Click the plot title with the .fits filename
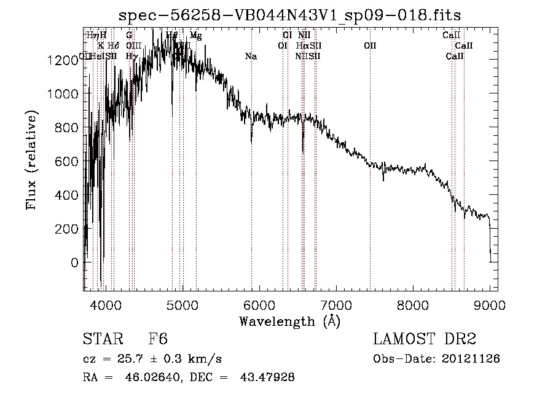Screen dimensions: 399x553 [x=290, y=14]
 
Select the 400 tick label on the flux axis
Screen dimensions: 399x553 [x=66, y=196]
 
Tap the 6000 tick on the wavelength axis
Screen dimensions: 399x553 [x=259, y=304]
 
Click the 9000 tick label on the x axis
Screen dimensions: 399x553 [x=489, y=304]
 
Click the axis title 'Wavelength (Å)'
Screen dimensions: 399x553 [x=289, y=321]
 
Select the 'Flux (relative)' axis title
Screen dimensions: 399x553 [x=31, y=160]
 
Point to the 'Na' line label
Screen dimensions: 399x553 [x=251, y=57]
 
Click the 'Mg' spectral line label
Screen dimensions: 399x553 [x=195, y=36]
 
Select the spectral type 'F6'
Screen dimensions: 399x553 [x=157, y=339]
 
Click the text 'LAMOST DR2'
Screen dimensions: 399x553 [x=425, y=339]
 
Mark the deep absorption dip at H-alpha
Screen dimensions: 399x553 [x=302, y=146]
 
